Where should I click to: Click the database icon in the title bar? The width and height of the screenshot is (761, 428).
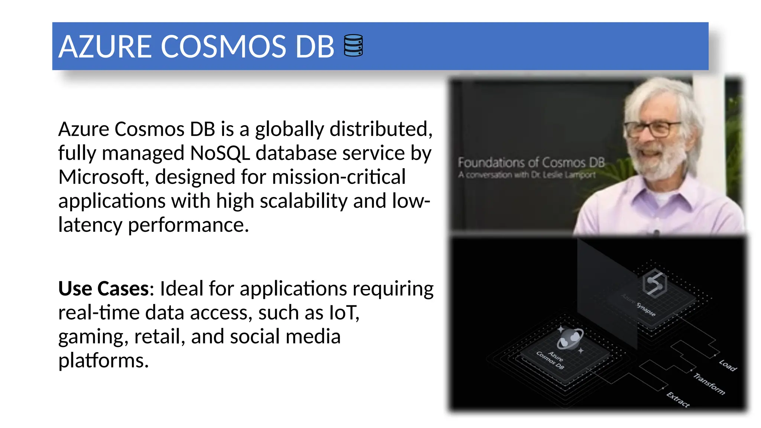[353, 45]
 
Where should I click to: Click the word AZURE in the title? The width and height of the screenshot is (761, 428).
[105, 47]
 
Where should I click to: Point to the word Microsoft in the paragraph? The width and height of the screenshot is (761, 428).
[101, 177]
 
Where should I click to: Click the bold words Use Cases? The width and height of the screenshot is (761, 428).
[104, 289]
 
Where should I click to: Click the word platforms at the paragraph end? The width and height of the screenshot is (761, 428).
[103, 361]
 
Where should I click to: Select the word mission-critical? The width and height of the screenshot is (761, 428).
[339, 177]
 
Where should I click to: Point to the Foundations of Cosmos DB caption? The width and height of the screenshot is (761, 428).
[531, 162]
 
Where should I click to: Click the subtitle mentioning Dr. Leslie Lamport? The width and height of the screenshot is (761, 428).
[527, 175]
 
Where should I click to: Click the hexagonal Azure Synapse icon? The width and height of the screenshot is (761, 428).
[654, 283]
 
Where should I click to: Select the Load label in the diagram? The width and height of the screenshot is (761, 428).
[728, 365]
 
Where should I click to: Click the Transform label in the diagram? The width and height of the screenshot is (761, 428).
[709, 384]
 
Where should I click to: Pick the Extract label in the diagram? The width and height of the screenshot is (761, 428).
[678, 400]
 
